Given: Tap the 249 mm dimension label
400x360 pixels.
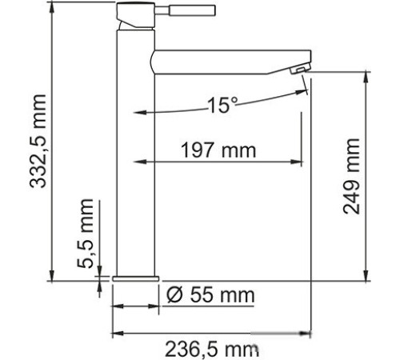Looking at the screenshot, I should pos(355,178).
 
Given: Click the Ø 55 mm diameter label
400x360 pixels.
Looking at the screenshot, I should pos(211,295).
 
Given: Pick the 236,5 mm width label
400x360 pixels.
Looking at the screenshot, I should pos(212,349).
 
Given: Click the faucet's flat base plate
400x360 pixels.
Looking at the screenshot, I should pos(134,278).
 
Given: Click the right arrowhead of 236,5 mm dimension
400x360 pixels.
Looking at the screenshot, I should pos(306,333).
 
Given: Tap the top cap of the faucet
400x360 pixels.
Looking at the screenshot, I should pos(131,10).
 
